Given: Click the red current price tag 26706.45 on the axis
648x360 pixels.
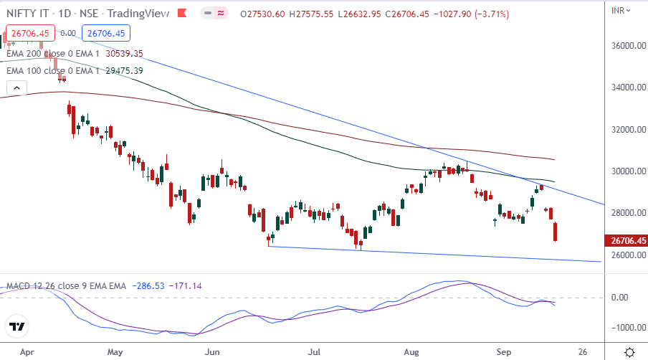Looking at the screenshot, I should click(626, 241).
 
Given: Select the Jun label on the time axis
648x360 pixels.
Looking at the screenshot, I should click(211, 352).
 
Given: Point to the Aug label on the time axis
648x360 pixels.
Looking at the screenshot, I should click(411, 352).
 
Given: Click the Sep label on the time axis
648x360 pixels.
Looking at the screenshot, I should click(505, 352).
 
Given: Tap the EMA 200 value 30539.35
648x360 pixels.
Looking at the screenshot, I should click(125, 53).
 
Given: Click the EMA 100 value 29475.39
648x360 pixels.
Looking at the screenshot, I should click(125, 70).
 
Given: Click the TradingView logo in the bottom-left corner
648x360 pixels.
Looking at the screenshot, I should click(17, 327).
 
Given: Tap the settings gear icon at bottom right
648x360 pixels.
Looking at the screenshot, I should click(629, 352).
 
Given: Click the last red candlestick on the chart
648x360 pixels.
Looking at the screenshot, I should click(557, 232).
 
